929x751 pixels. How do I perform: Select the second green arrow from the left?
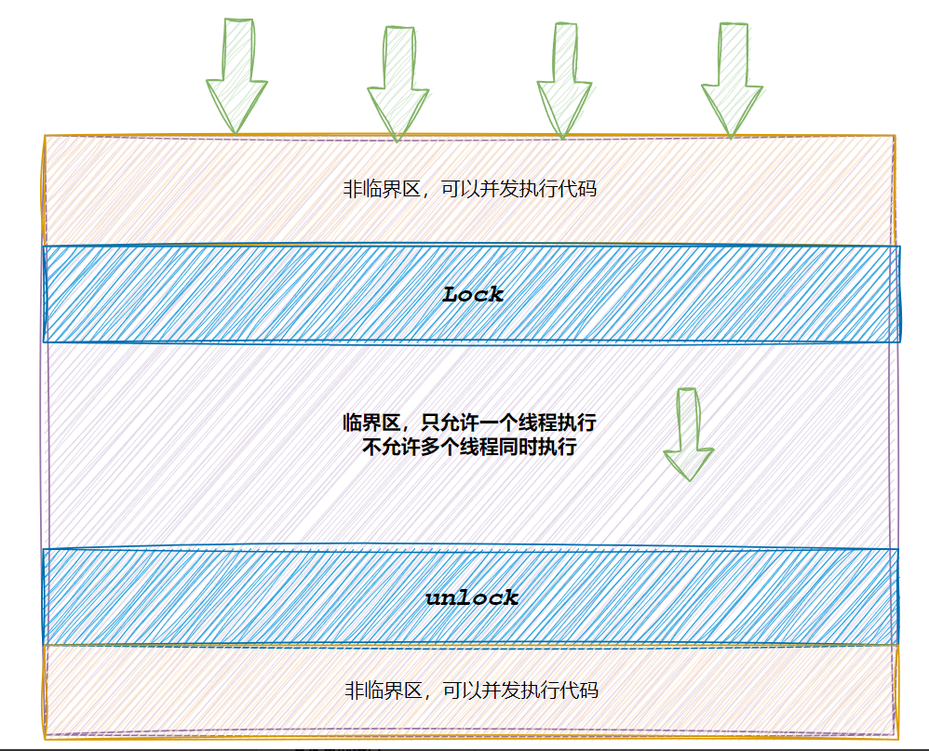click(398, 82)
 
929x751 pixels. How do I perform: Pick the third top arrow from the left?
click(564, 80)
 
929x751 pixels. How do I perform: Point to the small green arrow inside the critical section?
click(688, 434)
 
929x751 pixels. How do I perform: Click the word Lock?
click(472, 295)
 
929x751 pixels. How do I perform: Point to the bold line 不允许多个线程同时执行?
click(470, 447)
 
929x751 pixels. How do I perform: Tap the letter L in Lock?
click(451, 295)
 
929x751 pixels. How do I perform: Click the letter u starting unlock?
click(433, 598)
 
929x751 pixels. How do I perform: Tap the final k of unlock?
click(510, 597)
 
